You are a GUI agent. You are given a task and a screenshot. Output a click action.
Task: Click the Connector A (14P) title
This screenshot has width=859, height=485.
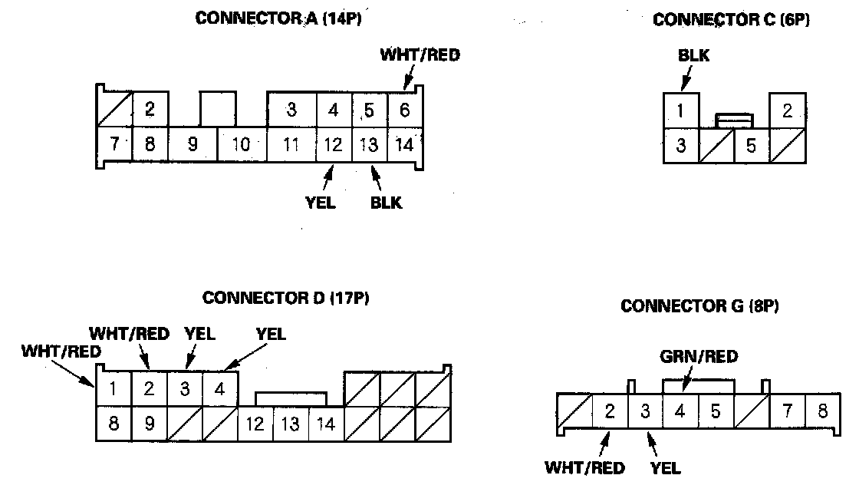(x=278, y=20)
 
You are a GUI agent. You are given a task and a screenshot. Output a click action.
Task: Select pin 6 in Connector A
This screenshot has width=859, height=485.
(x=404, y=110)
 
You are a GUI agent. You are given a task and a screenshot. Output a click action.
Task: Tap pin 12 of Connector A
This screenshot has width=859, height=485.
(x=334, y=144)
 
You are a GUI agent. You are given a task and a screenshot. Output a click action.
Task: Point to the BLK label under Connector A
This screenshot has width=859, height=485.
(x=385, y=203)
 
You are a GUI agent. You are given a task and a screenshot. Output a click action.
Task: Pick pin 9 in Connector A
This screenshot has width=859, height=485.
(x=193, y=144)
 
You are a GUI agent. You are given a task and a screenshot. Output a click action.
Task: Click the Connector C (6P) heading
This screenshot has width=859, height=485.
(x=731, y=21)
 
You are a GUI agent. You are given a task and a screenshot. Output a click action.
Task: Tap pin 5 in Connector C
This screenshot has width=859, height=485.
(x=751, y=145)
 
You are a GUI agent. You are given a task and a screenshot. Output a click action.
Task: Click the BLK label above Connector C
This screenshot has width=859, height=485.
(x=693, y=56)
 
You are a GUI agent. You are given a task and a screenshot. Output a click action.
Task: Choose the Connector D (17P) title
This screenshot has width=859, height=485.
(x=286, y=298)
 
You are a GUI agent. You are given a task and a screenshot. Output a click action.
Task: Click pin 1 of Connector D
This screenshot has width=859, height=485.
(x=113, y=388)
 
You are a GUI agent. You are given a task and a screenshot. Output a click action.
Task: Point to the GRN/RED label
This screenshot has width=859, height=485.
(x=699, y=357)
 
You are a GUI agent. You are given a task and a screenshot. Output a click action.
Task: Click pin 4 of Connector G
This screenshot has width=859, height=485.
(x=680, y=411)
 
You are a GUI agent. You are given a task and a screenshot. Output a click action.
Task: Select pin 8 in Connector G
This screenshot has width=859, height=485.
(x=822, y=411)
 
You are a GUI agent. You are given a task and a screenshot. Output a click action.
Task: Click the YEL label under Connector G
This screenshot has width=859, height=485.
(x=664, y=467)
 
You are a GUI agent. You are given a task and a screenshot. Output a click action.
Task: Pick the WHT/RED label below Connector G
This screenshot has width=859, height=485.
(x=584, y=467)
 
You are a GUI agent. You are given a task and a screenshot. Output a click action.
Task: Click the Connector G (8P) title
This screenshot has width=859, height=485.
(x=699, y=307)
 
